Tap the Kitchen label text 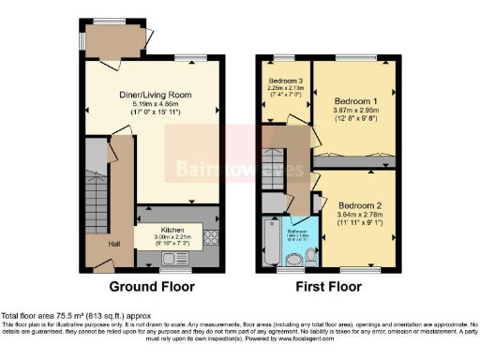[x=172, y=230]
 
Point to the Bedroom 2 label [x=361, y=205]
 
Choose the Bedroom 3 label [x=284, y=82]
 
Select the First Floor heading [x=329, y=286]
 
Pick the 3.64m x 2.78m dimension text [x=361, y=215]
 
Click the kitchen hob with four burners [x=212, y=238]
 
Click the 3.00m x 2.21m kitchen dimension [x=172, y=238]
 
